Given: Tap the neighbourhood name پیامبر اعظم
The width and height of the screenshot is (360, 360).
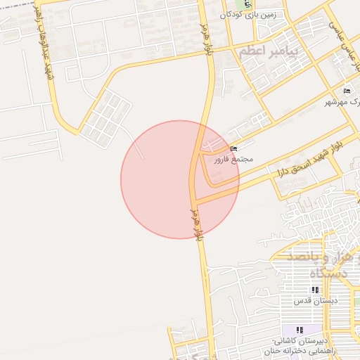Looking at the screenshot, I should (269, 52).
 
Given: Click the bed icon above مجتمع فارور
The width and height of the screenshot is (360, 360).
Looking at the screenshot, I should (234, 148).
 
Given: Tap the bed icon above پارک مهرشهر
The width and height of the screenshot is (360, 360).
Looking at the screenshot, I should (347, 91).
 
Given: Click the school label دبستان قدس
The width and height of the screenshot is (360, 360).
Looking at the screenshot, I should (315, 300).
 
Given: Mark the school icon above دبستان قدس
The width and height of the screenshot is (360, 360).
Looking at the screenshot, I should (315, 290).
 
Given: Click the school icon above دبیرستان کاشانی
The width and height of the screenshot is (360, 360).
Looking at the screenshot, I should (300, 330).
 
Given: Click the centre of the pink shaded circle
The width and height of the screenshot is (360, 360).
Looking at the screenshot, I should (180, 180).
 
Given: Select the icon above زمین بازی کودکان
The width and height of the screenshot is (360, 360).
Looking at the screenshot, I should (247, 4).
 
